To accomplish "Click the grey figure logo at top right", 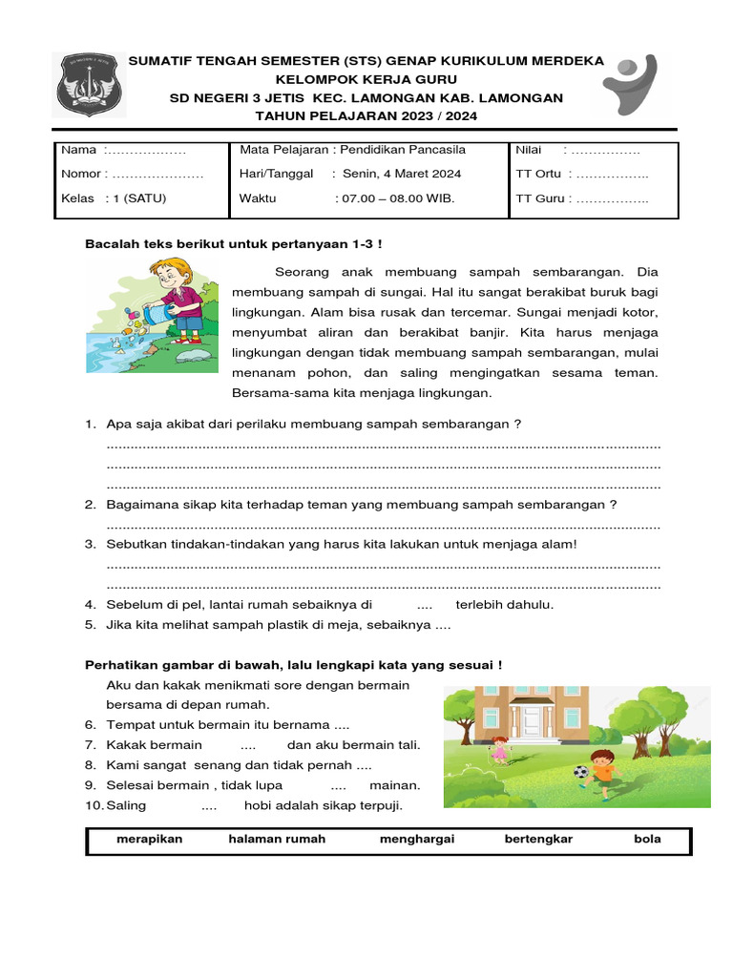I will (x=635, y=83).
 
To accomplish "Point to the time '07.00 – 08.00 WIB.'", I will (x=395, y=198).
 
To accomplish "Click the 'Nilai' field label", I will (x=529, y=150).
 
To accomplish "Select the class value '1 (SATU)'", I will (x=140, y=198).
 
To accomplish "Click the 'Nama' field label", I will (x=79, y=150).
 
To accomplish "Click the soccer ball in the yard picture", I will (x=581, y=771).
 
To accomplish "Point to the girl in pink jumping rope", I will (x=499, y=749).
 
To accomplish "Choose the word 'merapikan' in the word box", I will (x=149, y=840).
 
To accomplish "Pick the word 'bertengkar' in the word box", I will (x=538, y=840).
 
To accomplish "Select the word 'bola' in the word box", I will (x=647, y=840).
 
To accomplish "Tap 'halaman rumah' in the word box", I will (x=277, y=840).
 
